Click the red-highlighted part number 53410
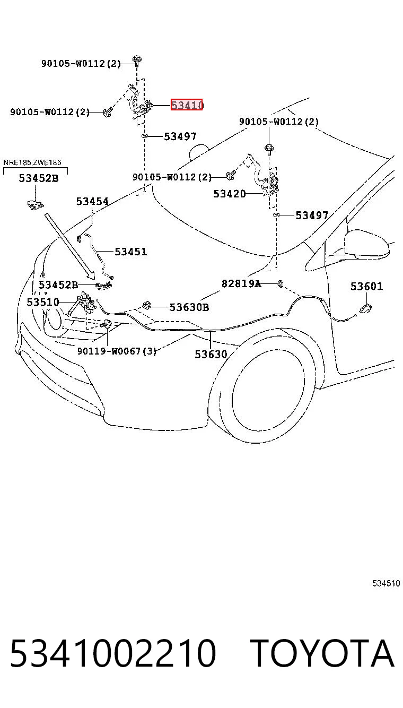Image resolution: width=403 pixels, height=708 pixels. point(187,105)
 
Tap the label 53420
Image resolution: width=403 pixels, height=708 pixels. point(230,193)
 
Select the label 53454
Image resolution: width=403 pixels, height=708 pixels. point(92,201)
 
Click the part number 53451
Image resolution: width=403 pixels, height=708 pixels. point(131,252)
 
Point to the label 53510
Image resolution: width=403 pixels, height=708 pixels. point(43,302)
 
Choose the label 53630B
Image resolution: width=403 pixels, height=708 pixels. point(189,307)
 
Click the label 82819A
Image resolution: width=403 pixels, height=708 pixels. point(241,283)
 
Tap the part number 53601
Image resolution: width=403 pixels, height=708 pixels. point(367,286)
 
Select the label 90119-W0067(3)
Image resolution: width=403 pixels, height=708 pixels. point(117,351)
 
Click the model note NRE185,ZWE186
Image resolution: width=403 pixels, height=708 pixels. point(32,162)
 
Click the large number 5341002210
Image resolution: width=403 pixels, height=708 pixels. point(113,653)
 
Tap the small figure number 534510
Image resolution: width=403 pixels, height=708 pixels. point(386,583)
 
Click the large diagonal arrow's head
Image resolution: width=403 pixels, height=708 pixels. point(91,274)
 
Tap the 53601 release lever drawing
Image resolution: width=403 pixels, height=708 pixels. point(365,308)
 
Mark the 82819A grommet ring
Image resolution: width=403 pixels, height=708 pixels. point(280,283)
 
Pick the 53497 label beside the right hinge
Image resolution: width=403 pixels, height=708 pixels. point(312,215)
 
